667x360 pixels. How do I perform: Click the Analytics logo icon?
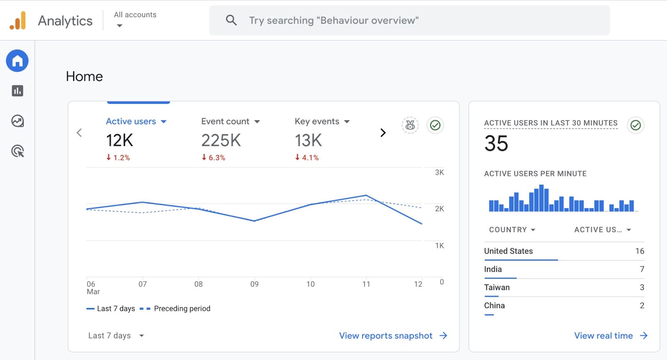pos(18,20)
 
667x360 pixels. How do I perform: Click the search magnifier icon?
pos(231,20)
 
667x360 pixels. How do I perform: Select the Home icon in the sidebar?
pos(17,61)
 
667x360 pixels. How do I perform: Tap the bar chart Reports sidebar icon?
pos(18,91)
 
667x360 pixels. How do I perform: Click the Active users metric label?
pos(131,121)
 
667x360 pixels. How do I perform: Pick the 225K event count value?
pos(221,140)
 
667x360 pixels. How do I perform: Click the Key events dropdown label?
pos(317,121)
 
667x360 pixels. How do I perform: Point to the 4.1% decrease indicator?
pos(307,157)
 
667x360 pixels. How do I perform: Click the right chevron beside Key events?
pos(383,133)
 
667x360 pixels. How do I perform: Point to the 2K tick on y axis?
pos(439,209)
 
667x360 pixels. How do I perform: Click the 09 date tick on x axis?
pos(254,284)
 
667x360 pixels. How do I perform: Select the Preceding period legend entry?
pos(182,309)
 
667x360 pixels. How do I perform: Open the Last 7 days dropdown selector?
pos(116,336)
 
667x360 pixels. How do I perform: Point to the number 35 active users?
pos(496,144)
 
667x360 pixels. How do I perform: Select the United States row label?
pos(508,251)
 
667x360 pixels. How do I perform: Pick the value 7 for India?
pos(642,269)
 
